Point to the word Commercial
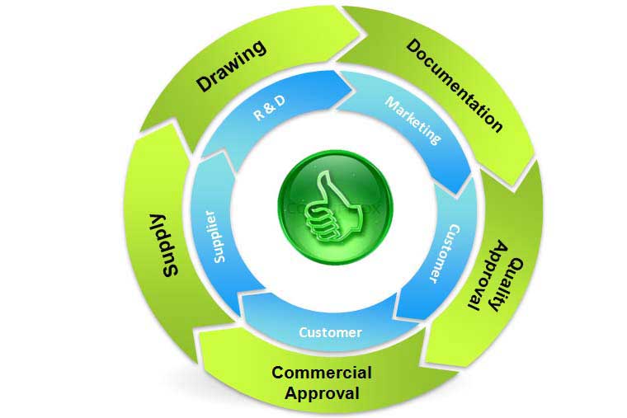322,373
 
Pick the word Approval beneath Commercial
323,392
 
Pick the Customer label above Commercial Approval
330,332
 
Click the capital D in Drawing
204,83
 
